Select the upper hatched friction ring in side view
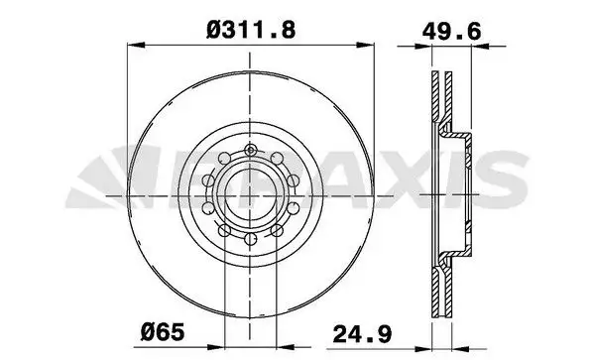436,99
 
